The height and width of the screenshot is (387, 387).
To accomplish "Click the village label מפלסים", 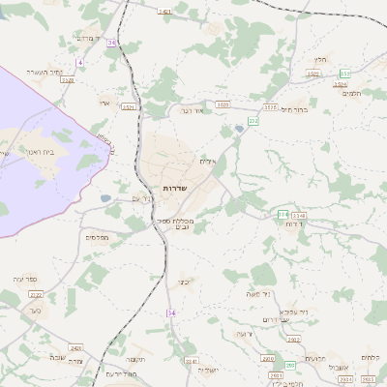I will [97, 236].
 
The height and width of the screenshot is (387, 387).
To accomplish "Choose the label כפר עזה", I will [25, 279].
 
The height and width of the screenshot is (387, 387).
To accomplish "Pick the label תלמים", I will [353, 93].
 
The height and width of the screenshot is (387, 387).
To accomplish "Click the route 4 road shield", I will [80, 62].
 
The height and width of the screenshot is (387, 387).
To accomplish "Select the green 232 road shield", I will [253, 120].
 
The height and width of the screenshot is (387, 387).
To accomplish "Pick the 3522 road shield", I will [223, 104].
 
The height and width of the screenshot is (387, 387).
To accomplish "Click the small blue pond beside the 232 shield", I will [238, 128].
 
